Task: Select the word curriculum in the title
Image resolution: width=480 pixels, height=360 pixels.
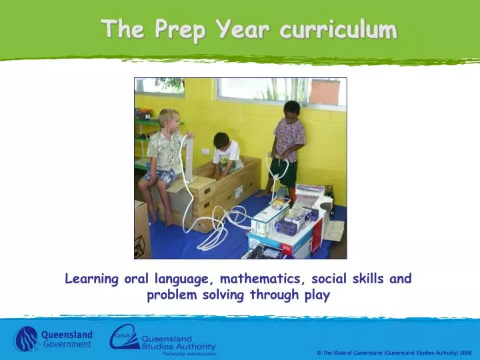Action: (338, 30)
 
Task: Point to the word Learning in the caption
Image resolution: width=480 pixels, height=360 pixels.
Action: (93, 279)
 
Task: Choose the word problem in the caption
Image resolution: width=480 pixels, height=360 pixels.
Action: (171, 295)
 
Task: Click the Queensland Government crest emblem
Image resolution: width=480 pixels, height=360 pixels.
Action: (27, 338)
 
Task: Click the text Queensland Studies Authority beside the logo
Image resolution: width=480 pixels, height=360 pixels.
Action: (178, 343)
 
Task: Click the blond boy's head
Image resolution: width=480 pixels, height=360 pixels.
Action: (169, 119)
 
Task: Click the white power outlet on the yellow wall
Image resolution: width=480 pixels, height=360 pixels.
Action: (205, 151)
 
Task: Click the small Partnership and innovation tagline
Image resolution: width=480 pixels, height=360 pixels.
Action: (189, 353)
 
